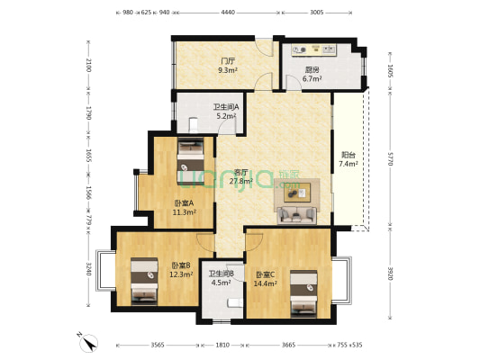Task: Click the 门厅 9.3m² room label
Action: (x=228, y=66)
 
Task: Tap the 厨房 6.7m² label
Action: (x=312, y=74)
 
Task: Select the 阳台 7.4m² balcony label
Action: (x=348, y=159)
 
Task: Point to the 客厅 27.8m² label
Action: (x=241, y=176)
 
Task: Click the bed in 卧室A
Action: (x=190, y=161)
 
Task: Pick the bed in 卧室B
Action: (x=144, y=282)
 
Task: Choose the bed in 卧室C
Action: (x=303, y=294)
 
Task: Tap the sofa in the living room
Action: (x=296, y=215)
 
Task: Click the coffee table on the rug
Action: (x=297, y=193)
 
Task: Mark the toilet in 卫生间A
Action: (x=194, y=125)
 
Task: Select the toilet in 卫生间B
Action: (x=235, y=302)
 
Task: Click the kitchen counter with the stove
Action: (x=313, y=49)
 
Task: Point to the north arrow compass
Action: (x=88, y=343)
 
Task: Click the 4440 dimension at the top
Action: (x=228, y=13)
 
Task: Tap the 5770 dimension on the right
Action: (x=390, y=158)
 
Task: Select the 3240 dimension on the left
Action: (x=88, y=268)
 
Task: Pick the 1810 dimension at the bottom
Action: (x=222, y=345)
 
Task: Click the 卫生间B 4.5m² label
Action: (x=221, y=278)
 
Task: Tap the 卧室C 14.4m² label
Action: (x=266, y=279)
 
